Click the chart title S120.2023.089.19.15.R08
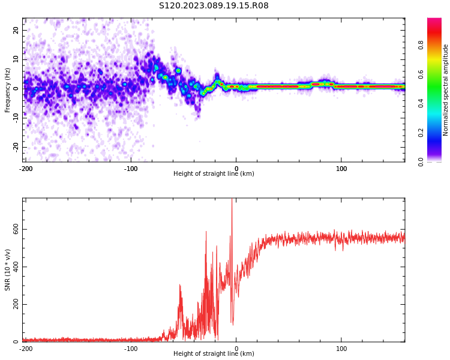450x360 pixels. (214, 5)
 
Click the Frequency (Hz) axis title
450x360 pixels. (8, 89)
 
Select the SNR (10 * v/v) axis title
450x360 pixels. (8, 269)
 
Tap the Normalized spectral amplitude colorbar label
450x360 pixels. (446, 90)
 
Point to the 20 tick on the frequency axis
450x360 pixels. (16, 30)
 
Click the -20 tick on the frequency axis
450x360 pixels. (14, 146)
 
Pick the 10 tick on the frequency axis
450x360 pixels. (16, 59)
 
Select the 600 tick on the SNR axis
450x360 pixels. (12, 230)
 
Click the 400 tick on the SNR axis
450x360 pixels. (12, 267)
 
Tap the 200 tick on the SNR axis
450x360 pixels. (12, 305)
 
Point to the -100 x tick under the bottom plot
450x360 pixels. (131, 349)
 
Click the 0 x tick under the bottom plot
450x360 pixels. (236, 349)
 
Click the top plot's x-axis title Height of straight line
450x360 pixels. (214, 174)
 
